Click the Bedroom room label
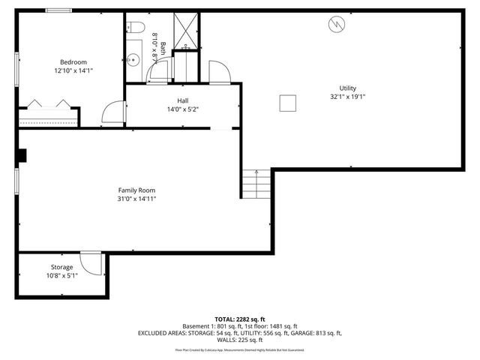pyautogui.click(x=73, y=61)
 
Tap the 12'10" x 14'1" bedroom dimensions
pyautogui.click(x=73, y=70)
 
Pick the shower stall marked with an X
pyautogui.click(x=184, y=30)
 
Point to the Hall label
pyautogui.click(x=182, y=100)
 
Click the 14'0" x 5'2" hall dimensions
pyautogui.click(x=182, y=109)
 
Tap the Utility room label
pyautogui.click(x=348, y=88)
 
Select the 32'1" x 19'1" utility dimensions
pyautogui.click(x=348, y=97)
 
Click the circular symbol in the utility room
pyautogui.click(x=335, y=25)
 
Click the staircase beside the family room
pyautogui.click(x=256, y=184)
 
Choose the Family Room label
pyautogui.click(x=136, y=190)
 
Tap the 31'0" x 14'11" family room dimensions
pyautogui.click(x=136, y=199)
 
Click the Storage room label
pyautogui.click(x=61, y=267)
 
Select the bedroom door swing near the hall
pyautogui.click(x=112, y=112)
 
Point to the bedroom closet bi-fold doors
pyautogui.click(x=46, y=103)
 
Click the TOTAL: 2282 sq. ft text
pyautogui.click(x=239, y=319)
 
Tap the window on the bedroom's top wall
pyautogui.click(x=58, y=10)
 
